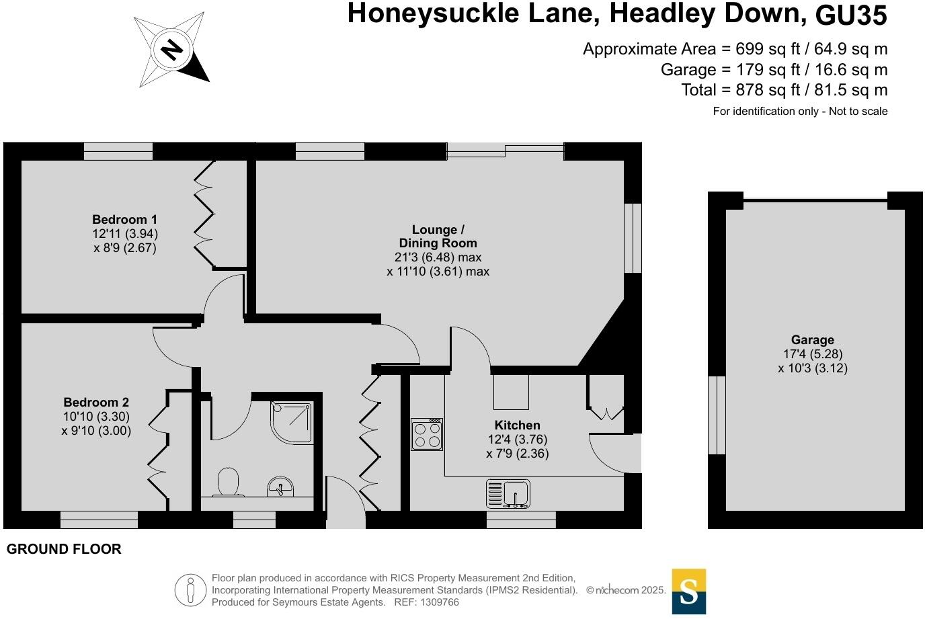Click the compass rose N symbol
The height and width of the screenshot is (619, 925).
coord(173,50)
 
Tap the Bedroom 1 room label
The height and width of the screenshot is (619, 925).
coord(124,220)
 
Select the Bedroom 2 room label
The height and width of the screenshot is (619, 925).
coord(96,403)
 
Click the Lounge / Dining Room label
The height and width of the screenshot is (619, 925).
coord(438,237)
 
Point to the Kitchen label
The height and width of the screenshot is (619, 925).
coord(517,425)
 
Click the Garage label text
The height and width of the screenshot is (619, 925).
coord(812,340)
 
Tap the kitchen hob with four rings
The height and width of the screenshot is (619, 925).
coord(427,434)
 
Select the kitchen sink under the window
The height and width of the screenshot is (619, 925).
coord(508,494)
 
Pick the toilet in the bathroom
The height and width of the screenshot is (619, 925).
coord(229,482)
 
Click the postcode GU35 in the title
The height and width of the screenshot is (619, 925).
coord(851,15)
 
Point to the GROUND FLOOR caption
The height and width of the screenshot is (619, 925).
coord(64,549)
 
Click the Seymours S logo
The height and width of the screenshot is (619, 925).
coord(689,591)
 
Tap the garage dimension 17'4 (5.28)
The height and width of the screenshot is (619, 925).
coord(812,354)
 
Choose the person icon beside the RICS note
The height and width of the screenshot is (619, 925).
coord(190,590)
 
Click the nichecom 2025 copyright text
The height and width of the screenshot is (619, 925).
coord(626,590)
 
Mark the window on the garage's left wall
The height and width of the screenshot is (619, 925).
coord(717,415)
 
